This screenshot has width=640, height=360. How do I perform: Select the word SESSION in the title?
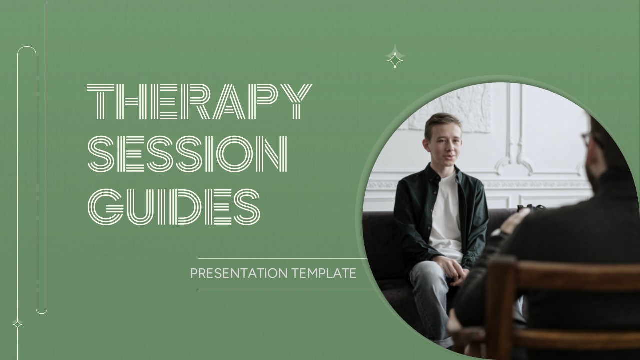tap(188, 153)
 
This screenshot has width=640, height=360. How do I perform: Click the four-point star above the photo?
tap(395, 56)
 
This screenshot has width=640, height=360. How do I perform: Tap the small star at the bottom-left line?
tap(17, 324)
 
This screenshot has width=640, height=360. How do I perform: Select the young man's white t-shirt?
tap(445, 215)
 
